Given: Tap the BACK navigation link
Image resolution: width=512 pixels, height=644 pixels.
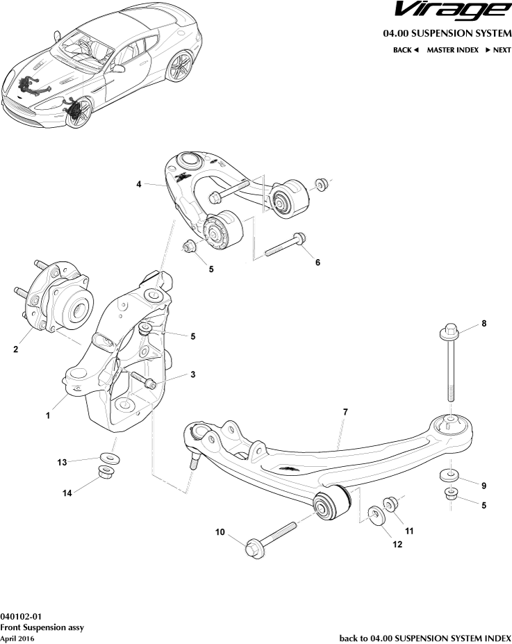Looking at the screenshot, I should (406, 50).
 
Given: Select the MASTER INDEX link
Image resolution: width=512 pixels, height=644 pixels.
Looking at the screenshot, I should (452, 50).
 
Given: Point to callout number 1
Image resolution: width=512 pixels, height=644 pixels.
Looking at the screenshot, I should (48, 416).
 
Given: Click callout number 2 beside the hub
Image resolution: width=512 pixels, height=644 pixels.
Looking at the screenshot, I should (15, 350).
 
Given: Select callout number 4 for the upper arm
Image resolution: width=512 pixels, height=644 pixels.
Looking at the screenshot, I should (139, 184).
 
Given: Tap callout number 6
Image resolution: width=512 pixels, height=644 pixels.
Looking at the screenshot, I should (317, 263).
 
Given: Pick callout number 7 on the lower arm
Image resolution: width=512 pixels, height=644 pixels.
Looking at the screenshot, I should (345, 412).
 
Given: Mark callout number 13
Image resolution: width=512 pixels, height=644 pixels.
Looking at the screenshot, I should (62, 462).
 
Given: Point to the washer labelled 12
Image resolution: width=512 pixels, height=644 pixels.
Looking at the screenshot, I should (375, 515).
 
